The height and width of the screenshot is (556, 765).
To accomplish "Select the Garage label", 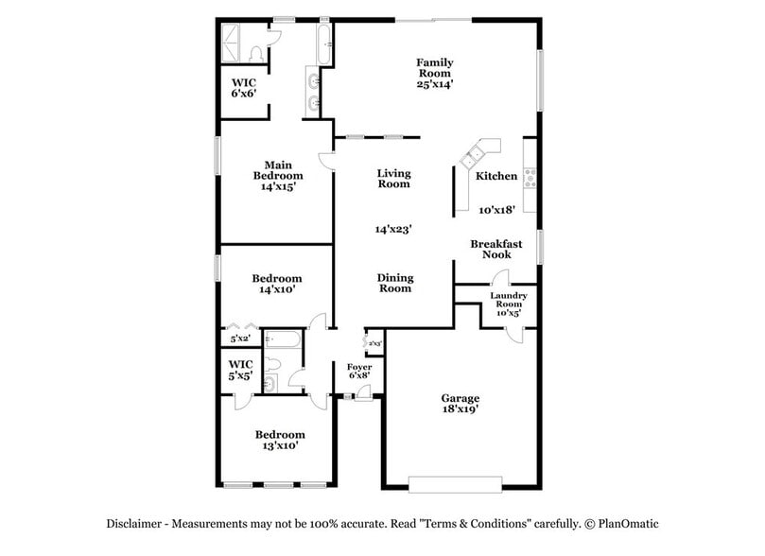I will tap(460, 398).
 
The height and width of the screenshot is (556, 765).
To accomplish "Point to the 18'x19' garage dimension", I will tap(460, 409).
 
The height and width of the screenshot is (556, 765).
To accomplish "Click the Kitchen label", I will tap(496, 176).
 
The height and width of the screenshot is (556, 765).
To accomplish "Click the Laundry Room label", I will tap(508, 300).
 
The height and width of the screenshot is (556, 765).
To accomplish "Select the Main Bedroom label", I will tap(277, 170).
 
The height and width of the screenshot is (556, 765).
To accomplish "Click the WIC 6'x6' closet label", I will tap(244, 88).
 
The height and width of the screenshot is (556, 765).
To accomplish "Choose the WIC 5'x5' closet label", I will tap(241, 369).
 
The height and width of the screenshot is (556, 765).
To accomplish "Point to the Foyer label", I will tap(358, 366).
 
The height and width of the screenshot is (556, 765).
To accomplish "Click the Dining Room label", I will tap(394, 283).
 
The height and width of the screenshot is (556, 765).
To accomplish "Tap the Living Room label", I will tap(393, 178).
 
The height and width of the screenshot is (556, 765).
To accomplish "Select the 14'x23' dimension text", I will tap(393, 228).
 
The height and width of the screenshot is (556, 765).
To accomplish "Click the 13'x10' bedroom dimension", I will tap(280, 446).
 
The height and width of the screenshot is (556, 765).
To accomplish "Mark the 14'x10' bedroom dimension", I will tap(277, 290).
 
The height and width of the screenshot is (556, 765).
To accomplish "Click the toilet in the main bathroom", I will tap(257, 54).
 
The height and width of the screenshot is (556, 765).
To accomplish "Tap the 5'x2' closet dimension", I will tap(239, 338).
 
